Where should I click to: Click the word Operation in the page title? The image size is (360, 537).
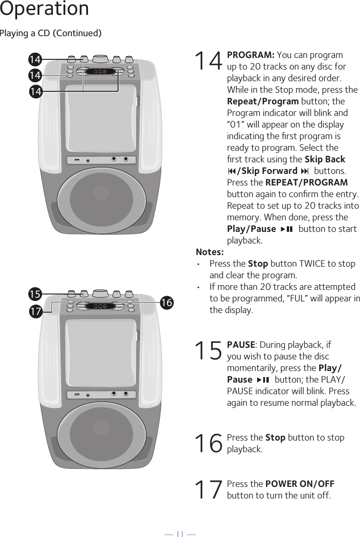(x=44, y=9)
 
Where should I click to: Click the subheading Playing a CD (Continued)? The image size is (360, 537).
(x=51, y=33)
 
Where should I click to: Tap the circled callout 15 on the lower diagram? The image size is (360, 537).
(x=35, y=294)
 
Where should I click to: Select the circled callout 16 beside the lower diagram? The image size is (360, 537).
(x=167, y=302)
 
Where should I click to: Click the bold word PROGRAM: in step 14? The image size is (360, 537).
(x=251, y=55)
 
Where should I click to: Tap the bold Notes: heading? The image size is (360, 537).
(x=209, y=252)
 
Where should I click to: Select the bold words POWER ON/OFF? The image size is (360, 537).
(x=299, y=484)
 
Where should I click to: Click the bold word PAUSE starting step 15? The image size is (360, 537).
(x=240, y=345)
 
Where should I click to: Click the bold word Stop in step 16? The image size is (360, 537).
(x=275, y=438)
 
